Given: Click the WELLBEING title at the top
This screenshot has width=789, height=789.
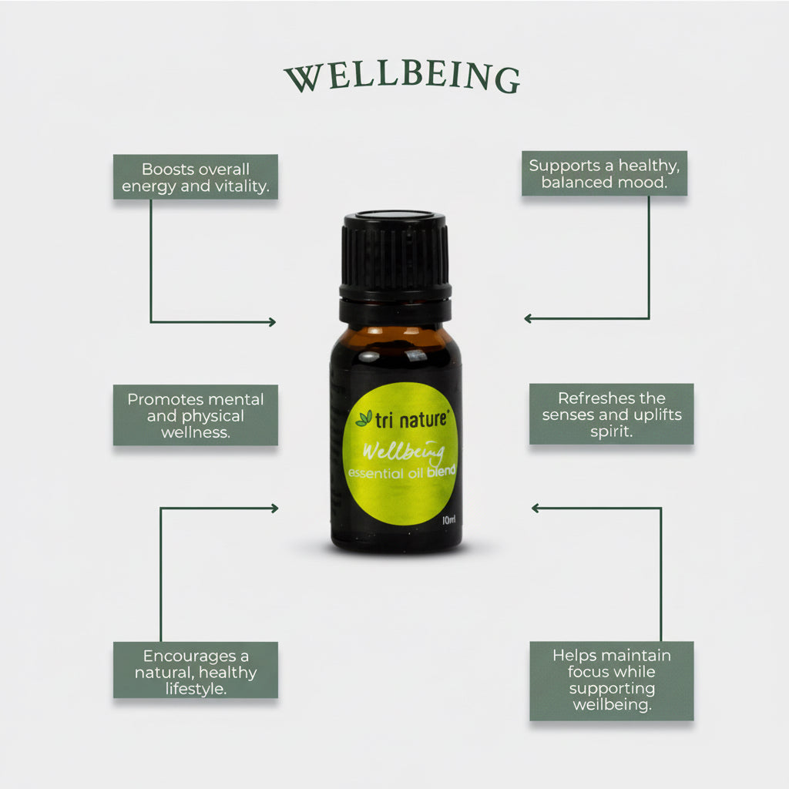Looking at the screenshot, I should tap(401, 78).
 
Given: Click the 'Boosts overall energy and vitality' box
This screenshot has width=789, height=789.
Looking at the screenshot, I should tap(196, 177).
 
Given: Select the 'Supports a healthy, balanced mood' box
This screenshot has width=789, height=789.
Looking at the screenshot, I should tap(604, 173).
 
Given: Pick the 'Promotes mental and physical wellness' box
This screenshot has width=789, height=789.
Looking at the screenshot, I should tap(196, 415).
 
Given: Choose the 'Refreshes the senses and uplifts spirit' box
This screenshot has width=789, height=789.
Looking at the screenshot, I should tap(611, 415).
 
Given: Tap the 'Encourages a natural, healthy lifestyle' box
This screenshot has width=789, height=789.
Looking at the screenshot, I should tap(196, 670).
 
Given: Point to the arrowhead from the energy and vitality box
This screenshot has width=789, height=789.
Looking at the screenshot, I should tap(271, 322).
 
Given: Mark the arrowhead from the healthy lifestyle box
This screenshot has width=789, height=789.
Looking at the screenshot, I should tap(274, 508).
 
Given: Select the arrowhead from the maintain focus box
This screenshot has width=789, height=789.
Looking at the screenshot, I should tap(536, 508).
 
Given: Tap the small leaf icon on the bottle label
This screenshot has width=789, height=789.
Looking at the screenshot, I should tap(363, 418).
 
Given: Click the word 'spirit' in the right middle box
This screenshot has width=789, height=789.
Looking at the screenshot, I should tap(611, 431).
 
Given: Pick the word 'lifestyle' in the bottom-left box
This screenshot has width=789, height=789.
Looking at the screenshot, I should tap(196, 688).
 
